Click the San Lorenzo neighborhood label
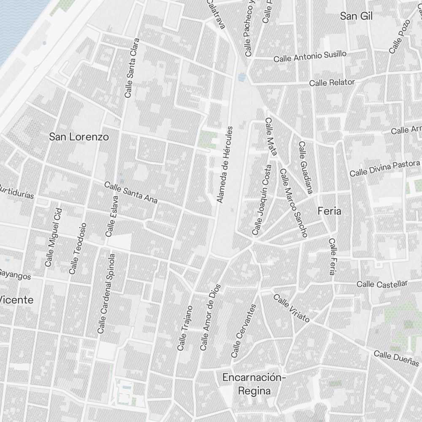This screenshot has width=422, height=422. tap(79, 137)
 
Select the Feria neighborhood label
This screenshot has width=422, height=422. tap(329, 211)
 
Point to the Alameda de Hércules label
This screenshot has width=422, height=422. tap(225, 164)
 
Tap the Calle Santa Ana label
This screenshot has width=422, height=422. tap(131, 193)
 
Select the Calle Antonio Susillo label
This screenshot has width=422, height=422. tap(310, 56)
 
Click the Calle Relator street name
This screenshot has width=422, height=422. tap(332, 82)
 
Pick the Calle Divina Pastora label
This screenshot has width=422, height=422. tap(385, 168)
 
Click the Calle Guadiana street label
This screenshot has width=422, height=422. tap(305, 168)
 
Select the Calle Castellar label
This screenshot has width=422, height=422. tap(382, 283)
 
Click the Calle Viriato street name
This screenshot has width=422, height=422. tap(292, 308)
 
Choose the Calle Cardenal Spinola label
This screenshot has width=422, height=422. tap(106, 293)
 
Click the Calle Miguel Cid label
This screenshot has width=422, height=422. tap(54, 237)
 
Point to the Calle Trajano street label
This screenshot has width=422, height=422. tap(185, 328)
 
